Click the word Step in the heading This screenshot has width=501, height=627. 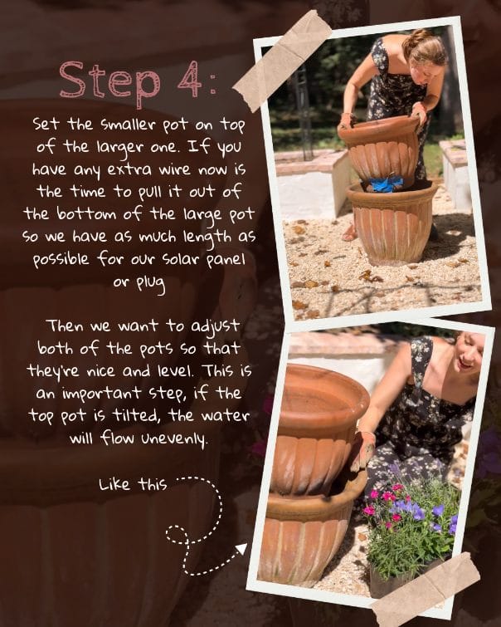click(x=109, y=83)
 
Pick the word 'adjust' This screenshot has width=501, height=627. click(x=216, y=326)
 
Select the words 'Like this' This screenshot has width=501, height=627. click(x=133, y=484)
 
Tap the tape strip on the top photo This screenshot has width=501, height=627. click(x=283, y=61)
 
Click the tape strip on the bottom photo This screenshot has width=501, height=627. click(x=426, y=589)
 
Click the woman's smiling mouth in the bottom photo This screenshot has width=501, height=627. click(x=466, y=365)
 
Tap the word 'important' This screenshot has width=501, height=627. click(x=101, y=394)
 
